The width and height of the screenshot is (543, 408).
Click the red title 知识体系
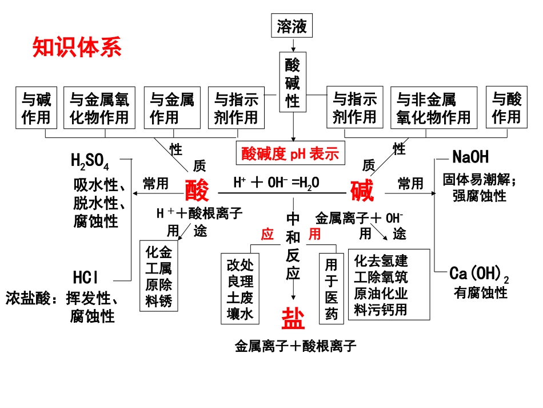point(77,47)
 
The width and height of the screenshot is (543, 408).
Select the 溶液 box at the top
point(292,26)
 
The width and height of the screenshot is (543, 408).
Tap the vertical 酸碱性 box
point(293,84)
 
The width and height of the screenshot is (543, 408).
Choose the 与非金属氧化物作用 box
point(433,109)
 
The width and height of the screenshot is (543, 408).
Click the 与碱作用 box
point(37,109)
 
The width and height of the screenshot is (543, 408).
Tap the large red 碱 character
point(361,190)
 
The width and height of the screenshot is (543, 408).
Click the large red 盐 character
point(293,318)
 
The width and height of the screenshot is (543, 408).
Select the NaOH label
point(470,156)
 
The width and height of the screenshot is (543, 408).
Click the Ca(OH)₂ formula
point(479,274)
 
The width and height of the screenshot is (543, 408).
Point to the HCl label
point(86,278)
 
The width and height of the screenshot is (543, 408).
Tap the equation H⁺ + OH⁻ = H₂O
point(276,183)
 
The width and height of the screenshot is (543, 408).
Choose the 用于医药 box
point(332,289)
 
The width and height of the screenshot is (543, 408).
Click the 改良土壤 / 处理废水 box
point(240,289)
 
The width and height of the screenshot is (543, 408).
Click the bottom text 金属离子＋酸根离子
point(296,346)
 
